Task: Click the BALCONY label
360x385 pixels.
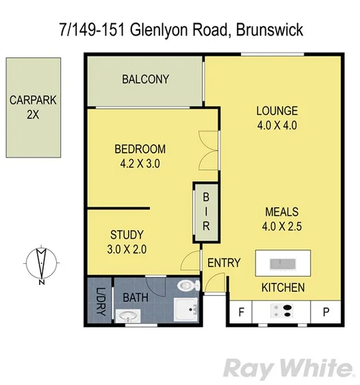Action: pos(145,79)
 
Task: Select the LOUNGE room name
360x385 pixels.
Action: pos(277,111)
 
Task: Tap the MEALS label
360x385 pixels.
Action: pos(281,212)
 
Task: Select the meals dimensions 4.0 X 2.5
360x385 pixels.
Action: pos(281,225)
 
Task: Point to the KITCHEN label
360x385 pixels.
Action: pos(283,287)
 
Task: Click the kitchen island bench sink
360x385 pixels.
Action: pos(281,263)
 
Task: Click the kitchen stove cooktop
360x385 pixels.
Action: pos(283,312)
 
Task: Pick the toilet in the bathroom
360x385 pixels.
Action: pos(187,285)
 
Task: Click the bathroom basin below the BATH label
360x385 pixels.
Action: pos(127,316)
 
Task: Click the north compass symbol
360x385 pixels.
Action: pos(42,264)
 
